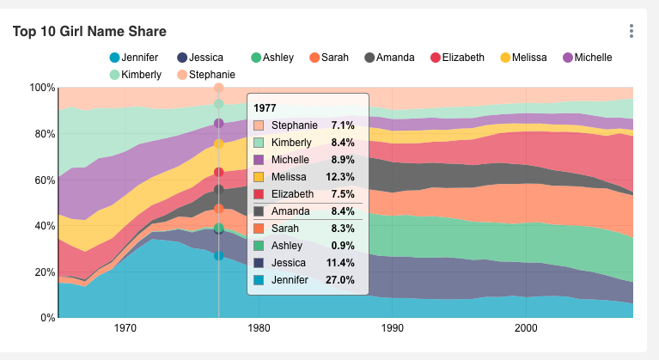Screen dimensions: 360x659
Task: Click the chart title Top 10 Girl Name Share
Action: (89, 31)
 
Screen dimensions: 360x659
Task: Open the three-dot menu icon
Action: (632, 31)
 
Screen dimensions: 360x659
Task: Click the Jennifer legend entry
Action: (134, 58)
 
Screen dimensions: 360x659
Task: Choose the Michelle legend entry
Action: (586, 58)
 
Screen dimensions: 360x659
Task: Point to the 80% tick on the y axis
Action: (43, 134)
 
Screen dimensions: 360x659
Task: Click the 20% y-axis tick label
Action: (43, 272)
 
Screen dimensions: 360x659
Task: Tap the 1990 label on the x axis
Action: (393, 328)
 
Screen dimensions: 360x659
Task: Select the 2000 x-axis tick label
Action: (526, 328)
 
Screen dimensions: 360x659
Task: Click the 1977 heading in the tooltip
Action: (265, 107)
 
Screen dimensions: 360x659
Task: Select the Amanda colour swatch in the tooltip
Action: (259, 211)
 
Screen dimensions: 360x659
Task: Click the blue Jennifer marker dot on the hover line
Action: (219, 256)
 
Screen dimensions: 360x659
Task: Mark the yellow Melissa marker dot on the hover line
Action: (219, 143)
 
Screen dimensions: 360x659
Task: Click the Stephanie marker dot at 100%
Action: (219, 88)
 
